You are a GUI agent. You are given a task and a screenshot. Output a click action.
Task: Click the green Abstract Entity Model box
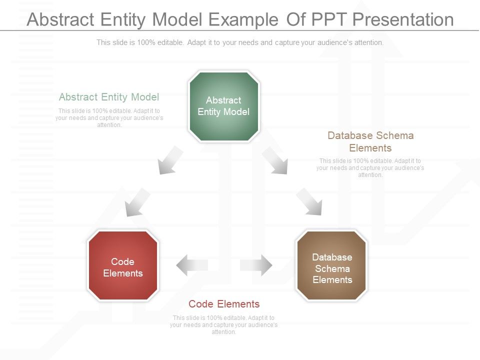pos(223,106)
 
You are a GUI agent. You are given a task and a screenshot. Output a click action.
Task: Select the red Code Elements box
pos(123,265)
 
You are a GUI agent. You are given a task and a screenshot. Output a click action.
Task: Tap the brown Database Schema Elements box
pos(332,265)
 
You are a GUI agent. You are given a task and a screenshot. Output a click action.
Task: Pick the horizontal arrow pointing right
pos(256,265)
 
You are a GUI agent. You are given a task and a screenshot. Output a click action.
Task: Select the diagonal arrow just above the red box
pos(137,202)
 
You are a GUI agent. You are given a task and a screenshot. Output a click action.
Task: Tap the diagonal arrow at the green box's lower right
pos(275,160)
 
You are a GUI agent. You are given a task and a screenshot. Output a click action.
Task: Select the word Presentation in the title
pos(402,19)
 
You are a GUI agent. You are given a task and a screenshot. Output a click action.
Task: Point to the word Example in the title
pos(243,19)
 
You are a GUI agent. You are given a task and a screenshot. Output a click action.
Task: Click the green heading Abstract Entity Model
pos(109,97)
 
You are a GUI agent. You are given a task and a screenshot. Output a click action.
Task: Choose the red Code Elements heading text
pos(224,304)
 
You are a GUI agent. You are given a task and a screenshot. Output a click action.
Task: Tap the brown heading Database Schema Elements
pos(370,141)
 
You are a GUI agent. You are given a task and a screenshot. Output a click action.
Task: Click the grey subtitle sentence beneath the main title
pos(240,42)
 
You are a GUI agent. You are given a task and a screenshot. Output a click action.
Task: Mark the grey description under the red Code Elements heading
pos(223,324)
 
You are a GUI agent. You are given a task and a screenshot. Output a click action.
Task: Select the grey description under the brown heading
pos(370,168)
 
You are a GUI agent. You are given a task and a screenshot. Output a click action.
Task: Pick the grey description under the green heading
pos(109,118)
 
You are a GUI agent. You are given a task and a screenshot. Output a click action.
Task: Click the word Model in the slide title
pos(177,19)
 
